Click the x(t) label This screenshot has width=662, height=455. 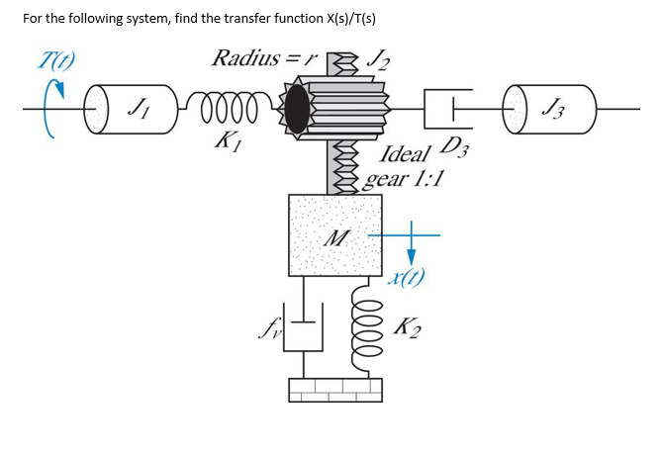click(406, 280)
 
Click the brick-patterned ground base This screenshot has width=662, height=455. click(334, 390)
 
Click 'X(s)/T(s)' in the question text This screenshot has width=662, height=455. click(335, 19)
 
